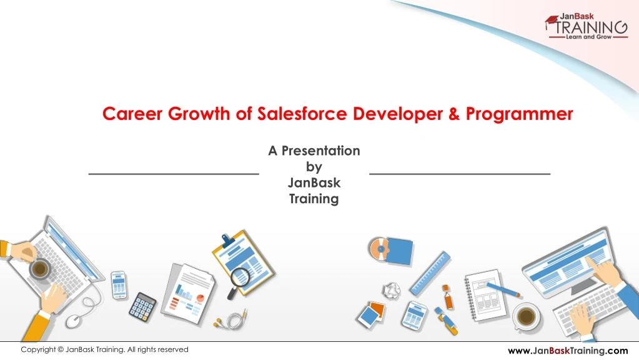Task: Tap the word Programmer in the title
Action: pos(519,114)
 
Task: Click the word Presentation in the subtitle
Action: pos(320,151)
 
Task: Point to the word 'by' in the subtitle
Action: pos(314,167)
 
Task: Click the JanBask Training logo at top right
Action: pos(585,27)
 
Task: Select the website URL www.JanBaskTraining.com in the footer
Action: pos(567,351)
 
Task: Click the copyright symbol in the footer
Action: pos(60,350)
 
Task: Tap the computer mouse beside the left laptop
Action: pos(73,320)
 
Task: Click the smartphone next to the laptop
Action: pos(119,284)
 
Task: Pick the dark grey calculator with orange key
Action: pos(143,307)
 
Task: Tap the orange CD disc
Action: pos(379,249)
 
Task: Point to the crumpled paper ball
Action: pos(392,289)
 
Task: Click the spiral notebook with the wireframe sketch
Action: pos(487,294)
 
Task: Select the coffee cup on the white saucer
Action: pos(526,316)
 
